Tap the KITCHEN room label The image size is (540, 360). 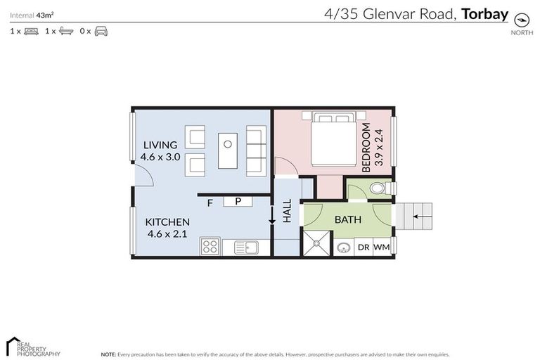(167, 222)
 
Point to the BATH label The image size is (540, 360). (347, 219)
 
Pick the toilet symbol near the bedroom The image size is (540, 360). (379, 188)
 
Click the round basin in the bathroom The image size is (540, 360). (345, 247)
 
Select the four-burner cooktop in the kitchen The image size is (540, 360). (210, 246)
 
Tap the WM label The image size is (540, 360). (381, 247)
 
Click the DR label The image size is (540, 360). (364, 247)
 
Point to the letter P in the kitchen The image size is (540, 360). (238, 202)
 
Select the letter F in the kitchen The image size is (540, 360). (210, 204)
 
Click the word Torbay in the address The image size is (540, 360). (485, 13)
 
